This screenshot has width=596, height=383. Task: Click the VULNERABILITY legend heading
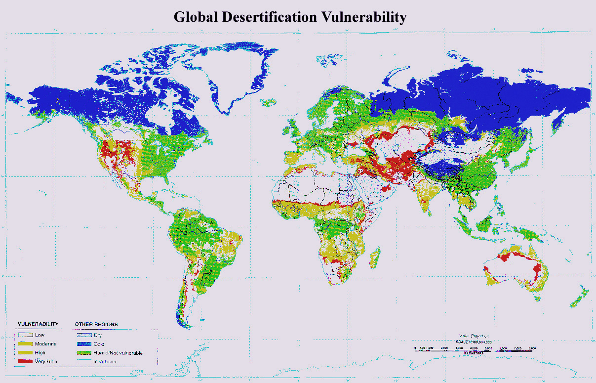(x=38, y=324)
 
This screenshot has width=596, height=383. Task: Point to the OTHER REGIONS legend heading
(x=96, y=324)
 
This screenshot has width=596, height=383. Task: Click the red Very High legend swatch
(x=25, y=362)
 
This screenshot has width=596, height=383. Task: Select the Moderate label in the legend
(x=45, y=343)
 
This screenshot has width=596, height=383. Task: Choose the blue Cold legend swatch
(x=83, y=343)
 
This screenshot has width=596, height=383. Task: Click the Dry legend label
(x=98, y=335)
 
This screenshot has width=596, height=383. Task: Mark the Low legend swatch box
(x=25, y=335)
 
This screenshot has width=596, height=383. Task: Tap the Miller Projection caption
(x=474, y=336)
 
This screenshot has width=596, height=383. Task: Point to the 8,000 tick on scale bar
(x=532, y=349)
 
